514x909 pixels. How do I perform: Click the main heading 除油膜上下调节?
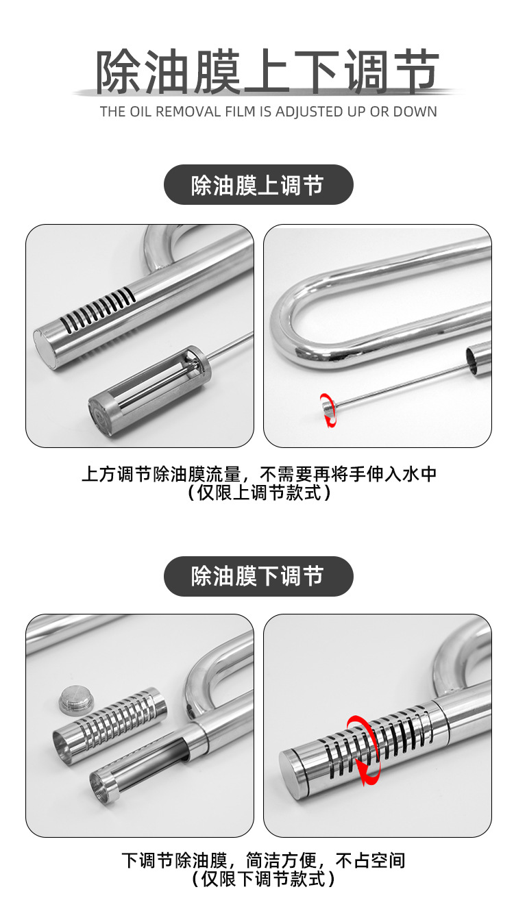coord(267,71)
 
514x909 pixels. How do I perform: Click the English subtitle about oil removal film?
coord(268,112)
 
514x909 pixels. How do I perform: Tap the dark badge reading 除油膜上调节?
coord(258,185)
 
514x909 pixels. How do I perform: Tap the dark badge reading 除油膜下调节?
coord(258,576)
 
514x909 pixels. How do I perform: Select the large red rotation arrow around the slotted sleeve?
coord(363,749)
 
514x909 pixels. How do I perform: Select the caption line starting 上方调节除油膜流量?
coord(258,474)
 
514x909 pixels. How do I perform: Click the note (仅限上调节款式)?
coord(258,493)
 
